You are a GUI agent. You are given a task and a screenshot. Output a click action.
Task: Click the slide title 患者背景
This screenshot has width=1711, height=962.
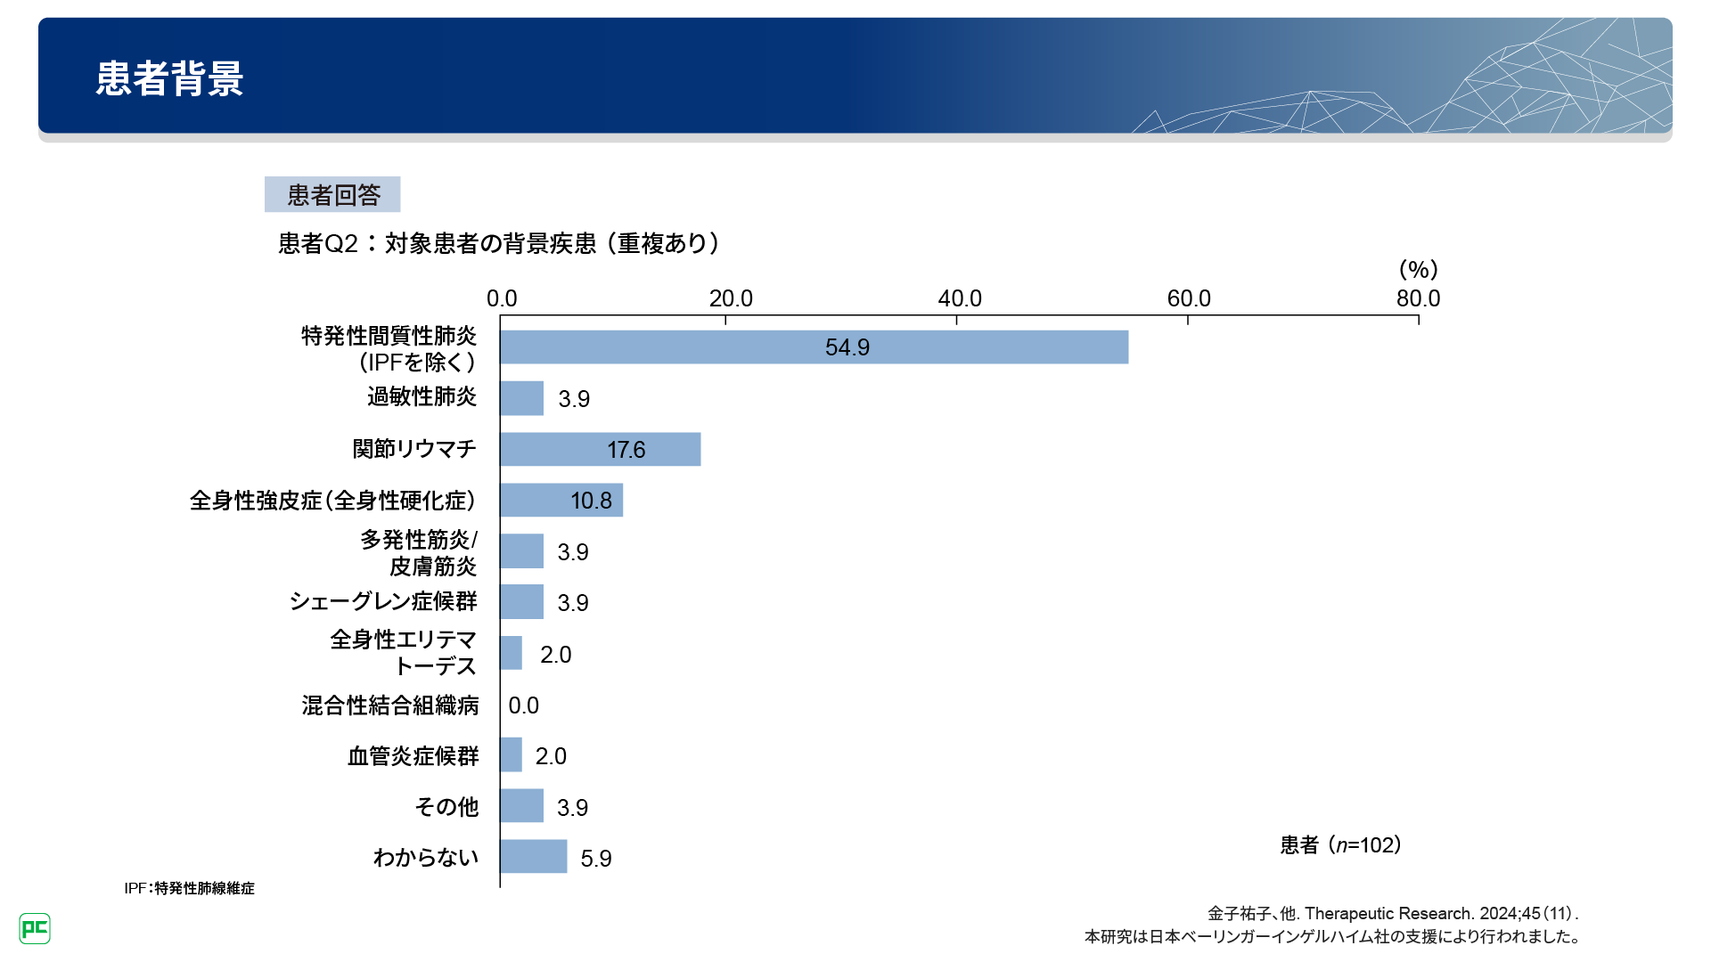(169, 78)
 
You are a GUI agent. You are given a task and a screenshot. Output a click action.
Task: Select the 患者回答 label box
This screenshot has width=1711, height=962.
(332, 194)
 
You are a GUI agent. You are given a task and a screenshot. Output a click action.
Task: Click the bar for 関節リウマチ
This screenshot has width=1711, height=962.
(600, 449)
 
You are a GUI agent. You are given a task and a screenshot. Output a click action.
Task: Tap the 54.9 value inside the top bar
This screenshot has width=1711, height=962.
(847, 347)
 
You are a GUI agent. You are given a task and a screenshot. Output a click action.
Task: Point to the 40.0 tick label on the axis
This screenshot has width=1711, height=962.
(959, 298)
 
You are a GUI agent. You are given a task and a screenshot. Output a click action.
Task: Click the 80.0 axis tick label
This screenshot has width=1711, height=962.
(1418, 298)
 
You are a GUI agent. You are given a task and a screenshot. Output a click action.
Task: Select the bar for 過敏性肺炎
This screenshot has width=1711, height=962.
(521, 398)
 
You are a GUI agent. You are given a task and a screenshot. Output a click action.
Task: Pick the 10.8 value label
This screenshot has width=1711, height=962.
(591, 501)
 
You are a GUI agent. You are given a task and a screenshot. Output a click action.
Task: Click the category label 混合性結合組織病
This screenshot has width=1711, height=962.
(389, 705)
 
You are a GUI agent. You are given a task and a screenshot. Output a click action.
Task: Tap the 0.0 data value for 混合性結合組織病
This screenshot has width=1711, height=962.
(523, 705)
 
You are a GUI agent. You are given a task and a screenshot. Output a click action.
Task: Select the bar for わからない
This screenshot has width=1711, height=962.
(533, 856)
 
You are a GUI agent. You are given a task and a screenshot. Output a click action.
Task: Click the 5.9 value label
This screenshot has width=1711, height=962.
(595, 859)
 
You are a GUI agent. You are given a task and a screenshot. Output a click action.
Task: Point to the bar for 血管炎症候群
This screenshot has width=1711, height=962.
(511, 755)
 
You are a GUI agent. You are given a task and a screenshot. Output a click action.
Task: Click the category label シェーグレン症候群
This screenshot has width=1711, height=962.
(383, 601)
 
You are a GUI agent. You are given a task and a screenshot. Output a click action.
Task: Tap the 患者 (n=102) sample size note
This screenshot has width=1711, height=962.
(1340, 844)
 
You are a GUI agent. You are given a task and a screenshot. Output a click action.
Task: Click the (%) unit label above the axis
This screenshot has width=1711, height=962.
(1418, 269)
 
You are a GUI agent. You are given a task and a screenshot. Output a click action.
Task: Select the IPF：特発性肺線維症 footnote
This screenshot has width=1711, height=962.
(189, 888)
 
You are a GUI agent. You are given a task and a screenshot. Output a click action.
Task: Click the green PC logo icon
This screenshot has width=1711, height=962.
(35, 928)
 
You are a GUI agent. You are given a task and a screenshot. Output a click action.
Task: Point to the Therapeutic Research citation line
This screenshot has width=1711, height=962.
(1392, 913)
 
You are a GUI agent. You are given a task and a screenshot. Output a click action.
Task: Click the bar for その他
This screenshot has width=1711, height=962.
(521, 806)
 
